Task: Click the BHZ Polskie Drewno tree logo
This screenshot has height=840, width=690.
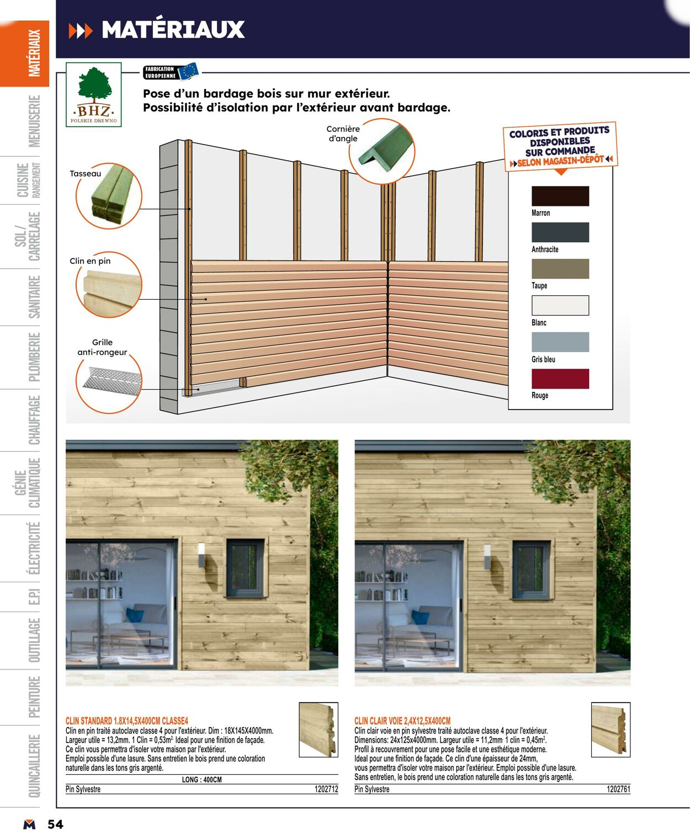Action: (94, 94)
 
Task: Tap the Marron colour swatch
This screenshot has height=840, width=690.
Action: (560, 196)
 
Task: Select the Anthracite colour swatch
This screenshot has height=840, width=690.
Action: (560, 232)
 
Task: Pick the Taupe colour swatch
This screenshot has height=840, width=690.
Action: (560, 269)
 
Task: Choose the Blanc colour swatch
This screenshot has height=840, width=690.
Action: (560, 305)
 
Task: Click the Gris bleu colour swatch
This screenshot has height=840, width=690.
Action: (560, 342)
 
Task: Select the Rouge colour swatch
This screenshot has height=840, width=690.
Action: (560, 379)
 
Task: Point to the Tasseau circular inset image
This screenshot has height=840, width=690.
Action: (109, 196)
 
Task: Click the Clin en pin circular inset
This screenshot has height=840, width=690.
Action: (109, 285)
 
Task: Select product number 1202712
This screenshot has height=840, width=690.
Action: (326, 789)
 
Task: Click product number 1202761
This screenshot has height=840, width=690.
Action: (618, 789)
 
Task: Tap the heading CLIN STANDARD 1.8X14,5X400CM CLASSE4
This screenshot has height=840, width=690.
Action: (127, 721)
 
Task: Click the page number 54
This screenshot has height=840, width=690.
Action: (55, 824)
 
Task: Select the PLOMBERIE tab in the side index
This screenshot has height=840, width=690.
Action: (34, 357)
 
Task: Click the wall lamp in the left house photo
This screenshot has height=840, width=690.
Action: (201, 555)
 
